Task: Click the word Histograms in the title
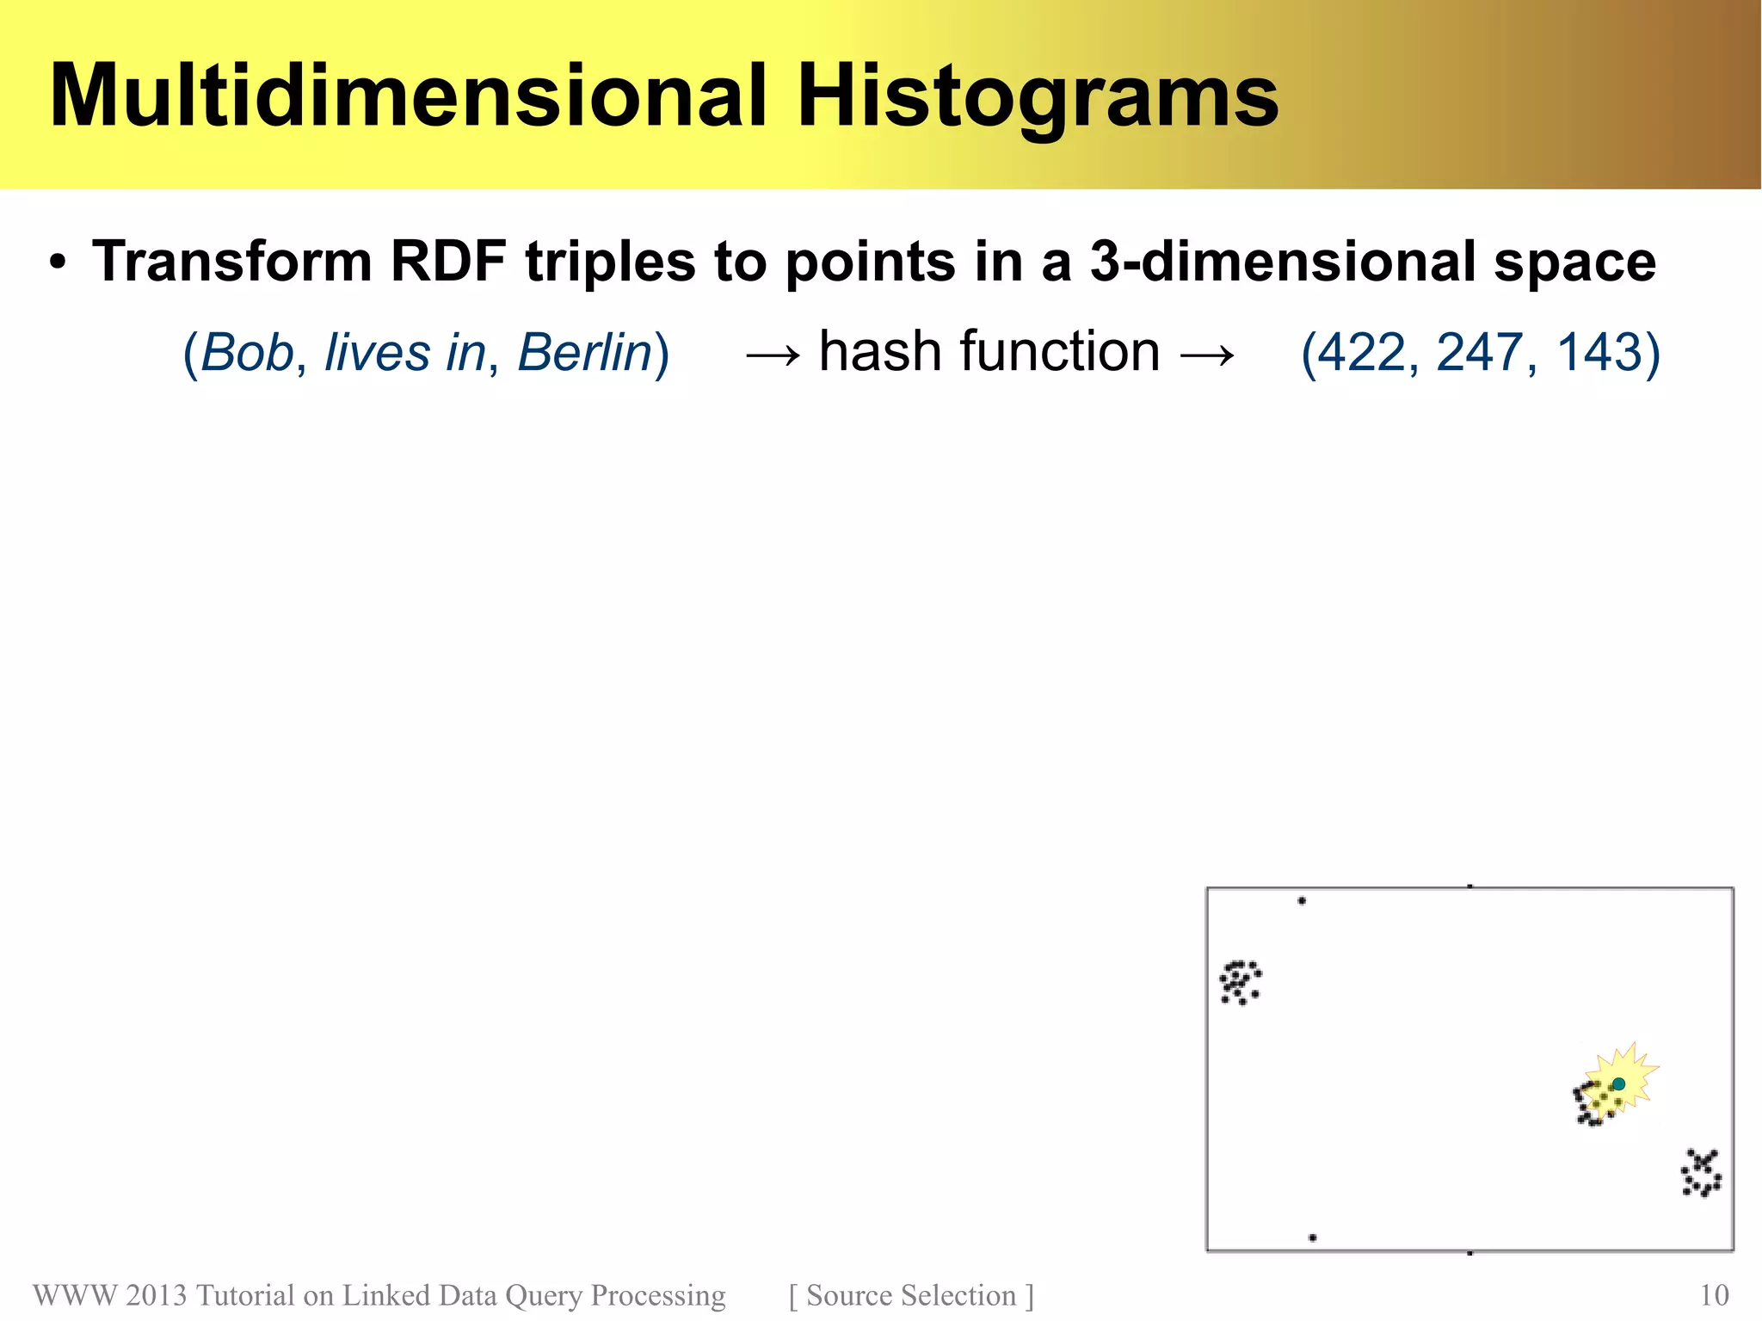point(1038,98)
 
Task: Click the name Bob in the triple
point(246,352)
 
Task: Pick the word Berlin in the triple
point(585,352)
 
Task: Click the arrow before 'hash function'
point(773,354)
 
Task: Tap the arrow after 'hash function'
point(1207,354)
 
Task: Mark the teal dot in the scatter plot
point(1618,1083)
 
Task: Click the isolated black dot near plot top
point(1302,901)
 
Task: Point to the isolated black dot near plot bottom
point(1312,1238)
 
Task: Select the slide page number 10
point(1714,1295)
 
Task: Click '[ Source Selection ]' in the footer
point(911,1295)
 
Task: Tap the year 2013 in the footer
point(156,1295)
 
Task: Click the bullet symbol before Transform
point(58,262)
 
